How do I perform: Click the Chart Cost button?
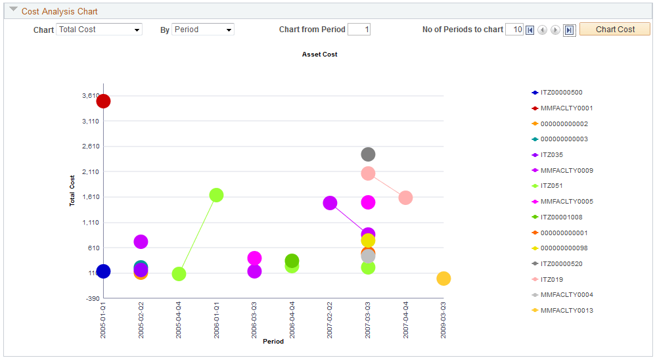tap(614, 30)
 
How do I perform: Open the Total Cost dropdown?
tap(99, 30)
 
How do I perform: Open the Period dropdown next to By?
tap(202, 30)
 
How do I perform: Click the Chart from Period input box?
tap(359, 30)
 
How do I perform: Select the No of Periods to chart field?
tap(514, 30)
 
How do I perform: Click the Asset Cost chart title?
tap(319, 55)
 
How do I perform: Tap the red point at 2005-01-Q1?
tap(103, 101)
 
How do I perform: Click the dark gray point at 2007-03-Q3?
tap(368, 154)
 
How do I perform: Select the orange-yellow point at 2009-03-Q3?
tap(443, 279)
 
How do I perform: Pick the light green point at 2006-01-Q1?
tap(216, 195)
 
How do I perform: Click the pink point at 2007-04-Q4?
tap(405, 198)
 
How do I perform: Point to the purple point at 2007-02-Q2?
tap(330, 203)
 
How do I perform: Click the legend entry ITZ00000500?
tap(560, 93)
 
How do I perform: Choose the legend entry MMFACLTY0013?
tap(566, 311)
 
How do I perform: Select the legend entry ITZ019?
tap(551, 279)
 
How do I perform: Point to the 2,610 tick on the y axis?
tap(89, 146)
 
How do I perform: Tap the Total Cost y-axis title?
tap(72, 191)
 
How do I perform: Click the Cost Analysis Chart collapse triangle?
tap(13, 10)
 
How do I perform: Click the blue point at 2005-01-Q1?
tap(103, 271)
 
